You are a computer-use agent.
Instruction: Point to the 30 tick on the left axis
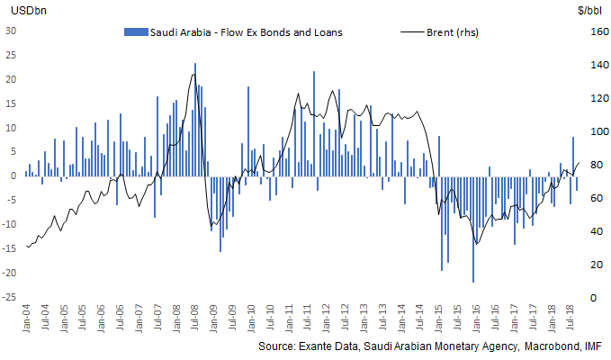12,30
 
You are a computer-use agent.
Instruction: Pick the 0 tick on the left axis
14,175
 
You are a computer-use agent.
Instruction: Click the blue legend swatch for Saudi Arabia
133,31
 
